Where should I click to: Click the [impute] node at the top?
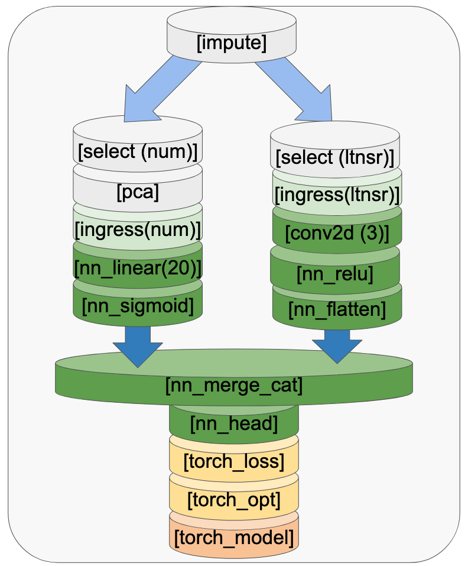[x=231, y=43]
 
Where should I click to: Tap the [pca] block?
[x=138, y=192]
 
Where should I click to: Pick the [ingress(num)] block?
[x=138, y=228]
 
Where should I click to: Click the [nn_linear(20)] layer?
[x=138, y=267]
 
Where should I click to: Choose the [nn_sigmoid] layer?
[x=138, y=306]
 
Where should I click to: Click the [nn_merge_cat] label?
[x=234, y=386]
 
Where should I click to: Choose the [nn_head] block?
[x=234, y=423]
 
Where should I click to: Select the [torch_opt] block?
[x=234, y=500]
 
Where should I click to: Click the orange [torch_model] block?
[x=234, y=538]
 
